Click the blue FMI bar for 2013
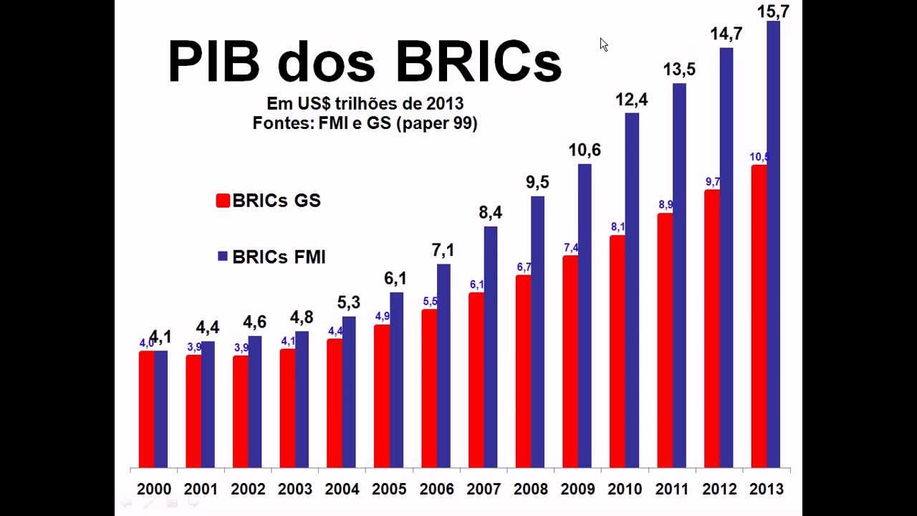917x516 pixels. (773, 244)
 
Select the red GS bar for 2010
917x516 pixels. (617, 351)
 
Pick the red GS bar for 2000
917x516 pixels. (146, 409)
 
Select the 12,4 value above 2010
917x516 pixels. (631, 100)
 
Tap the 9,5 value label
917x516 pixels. (537, 182)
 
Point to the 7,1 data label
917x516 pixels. (443, 250)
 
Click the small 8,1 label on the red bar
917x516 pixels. (618, 227)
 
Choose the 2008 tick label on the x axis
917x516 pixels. (530, 489)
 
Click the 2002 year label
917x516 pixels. (247, 489)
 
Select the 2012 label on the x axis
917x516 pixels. (719, 489)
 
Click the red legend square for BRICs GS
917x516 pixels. (222, 201)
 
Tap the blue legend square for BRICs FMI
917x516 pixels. (222, 256)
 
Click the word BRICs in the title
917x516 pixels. (479, 62)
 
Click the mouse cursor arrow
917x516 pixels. (603, 44)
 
